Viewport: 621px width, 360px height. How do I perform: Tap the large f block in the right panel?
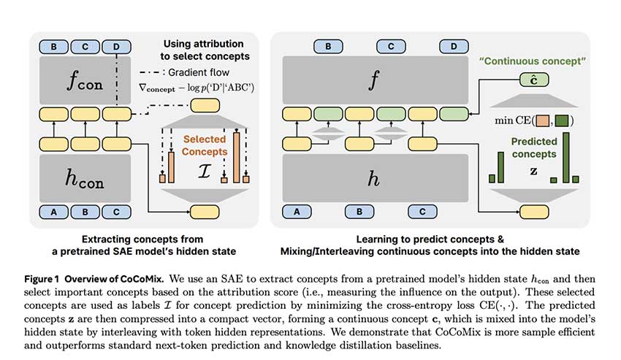(374, 80)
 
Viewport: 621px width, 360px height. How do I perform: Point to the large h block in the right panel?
(374, 177)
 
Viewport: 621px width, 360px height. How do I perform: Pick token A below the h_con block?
(53, 212)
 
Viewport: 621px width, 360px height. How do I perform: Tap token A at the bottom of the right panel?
(296, 212)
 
